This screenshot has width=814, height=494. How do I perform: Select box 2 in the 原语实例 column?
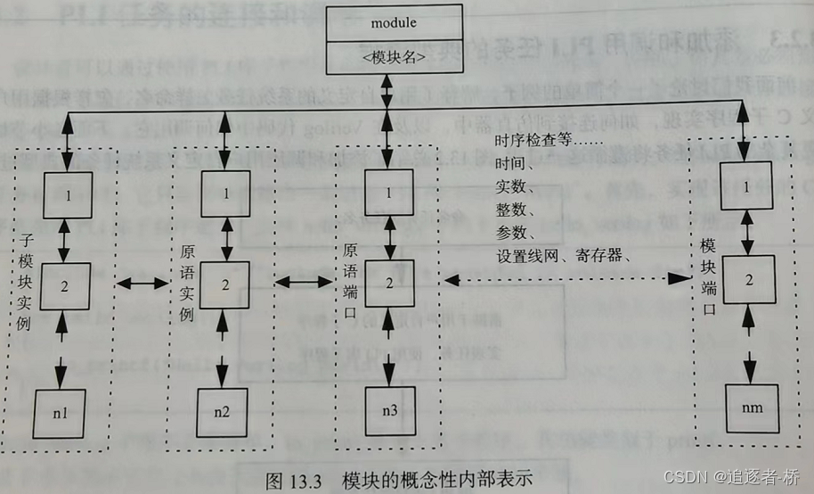[224, 284]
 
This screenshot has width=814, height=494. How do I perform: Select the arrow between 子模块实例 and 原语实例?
[143, 284]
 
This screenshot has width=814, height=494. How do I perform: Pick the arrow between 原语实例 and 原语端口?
[305, 283]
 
